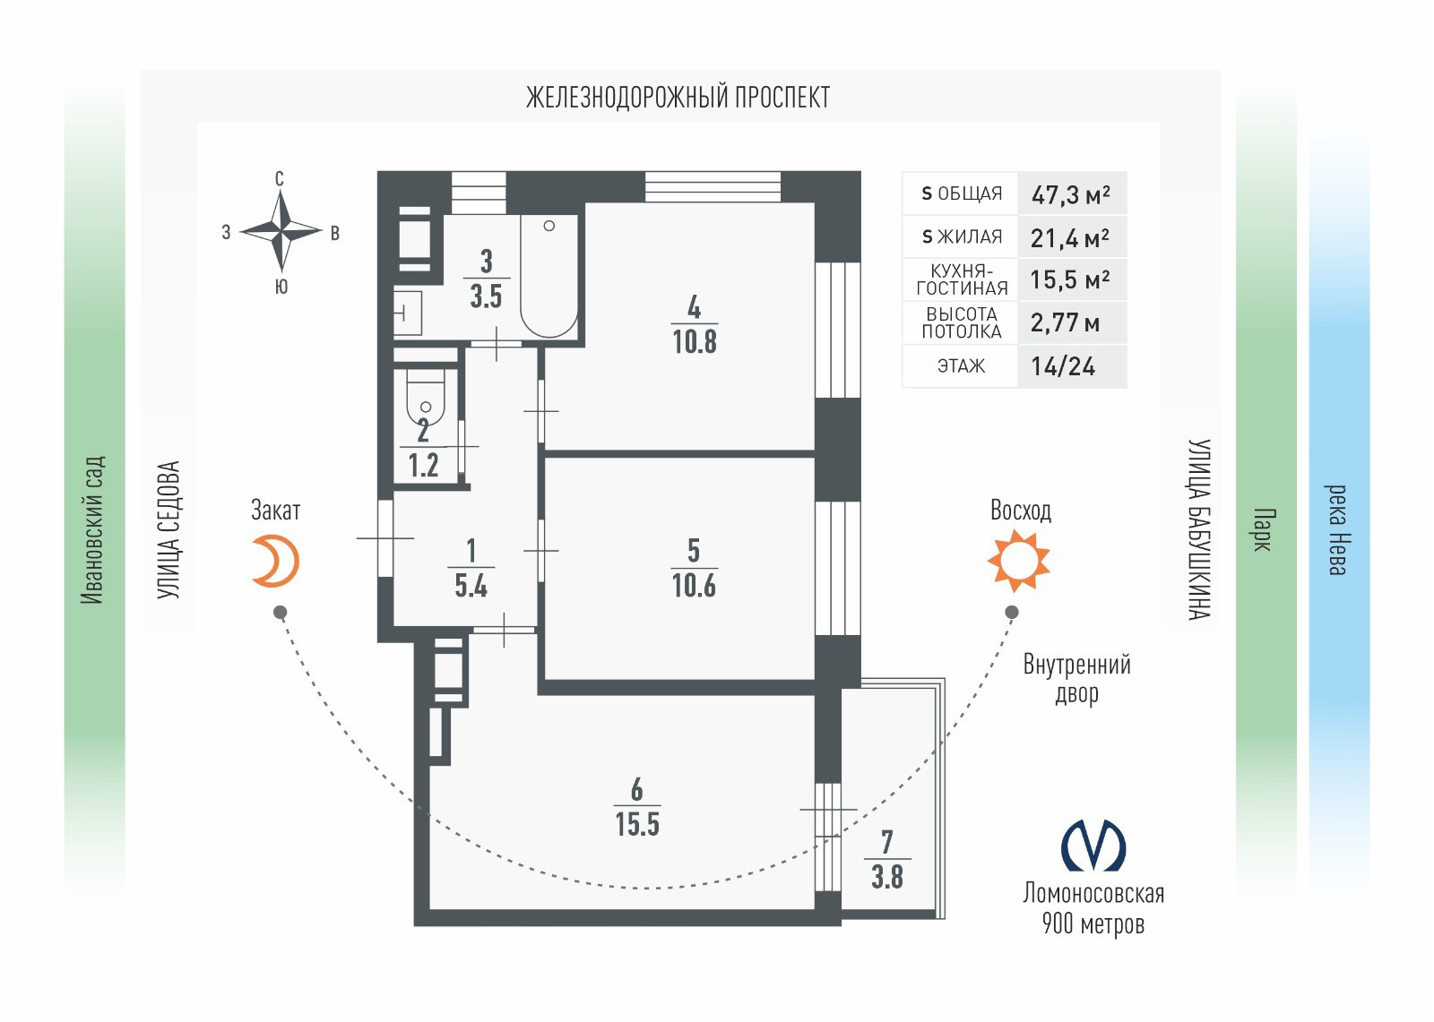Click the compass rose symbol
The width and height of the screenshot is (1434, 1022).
point(281,231)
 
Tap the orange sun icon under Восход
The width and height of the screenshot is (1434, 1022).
point(1018,561)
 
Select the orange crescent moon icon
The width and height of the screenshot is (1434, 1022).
point(275,562)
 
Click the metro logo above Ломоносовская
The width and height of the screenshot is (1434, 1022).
point(1093,846)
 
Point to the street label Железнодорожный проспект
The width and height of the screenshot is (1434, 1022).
point(678,97)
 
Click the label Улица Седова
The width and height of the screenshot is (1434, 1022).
point(168,530)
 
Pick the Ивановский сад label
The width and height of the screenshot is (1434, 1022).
point(92,530)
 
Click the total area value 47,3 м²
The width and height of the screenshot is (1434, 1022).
point(1071,194)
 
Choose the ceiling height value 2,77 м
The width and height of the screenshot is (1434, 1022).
point(1065,322)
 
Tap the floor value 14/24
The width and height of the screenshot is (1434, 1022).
point(1063,366)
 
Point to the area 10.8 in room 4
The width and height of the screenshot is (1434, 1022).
point(695,341)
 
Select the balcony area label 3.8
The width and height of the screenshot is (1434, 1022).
point(887,877)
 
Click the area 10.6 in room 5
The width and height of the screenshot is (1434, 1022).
point(694,586)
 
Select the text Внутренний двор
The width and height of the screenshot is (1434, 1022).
point(1076,678)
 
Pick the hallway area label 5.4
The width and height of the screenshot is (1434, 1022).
point(471,586)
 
